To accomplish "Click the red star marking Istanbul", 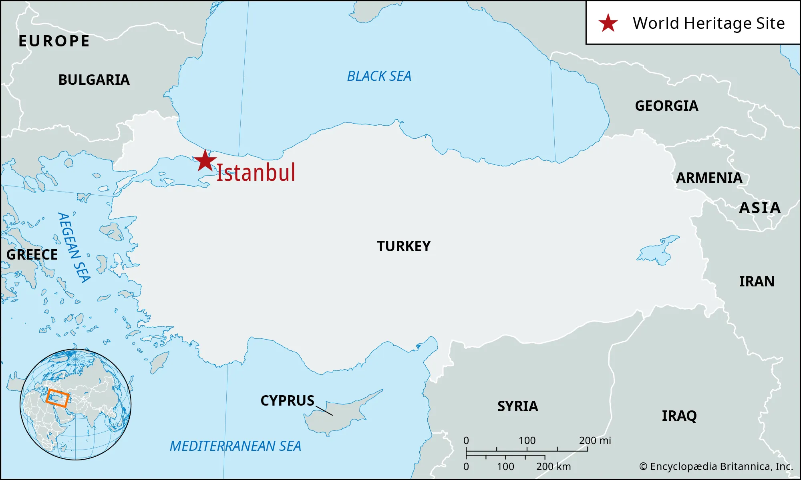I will (x=205, y=161).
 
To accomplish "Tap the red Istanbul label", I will (x=256, y=173).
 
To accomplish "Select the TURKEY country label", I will (x=404, y=246).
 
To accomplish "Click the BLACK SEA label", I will (x=379, y=76).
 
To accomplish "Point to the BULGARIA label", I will (x=94, y=80).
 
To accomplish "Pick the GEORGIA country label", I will (x=666, y=106).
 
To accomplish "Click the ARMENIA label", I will (x=709, y=178).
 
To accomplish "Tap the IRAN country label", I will (x=757, y=282).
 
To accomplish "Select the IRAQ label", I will (x=679, y=416).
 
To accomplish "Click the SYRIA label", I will (x=517, y=406).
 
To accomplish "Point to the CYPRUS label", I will (x=287, y=401).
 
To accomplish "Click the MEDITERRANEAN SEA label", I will (x=235, y=446).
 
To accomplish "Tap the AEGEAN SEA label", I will (x=74, y=248).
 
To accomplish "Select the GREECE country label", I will (x=32, y=255).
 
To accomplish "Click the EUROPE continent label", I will (x=54, y=41).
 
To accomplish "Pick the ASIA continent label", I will (x=760, y=208).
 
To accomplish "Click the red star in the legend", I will (x=608, y=23).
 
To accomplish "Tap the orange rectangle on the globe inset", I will (x=57, y=398).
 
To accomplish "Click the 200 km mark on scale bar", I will (x=545, y=456).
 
